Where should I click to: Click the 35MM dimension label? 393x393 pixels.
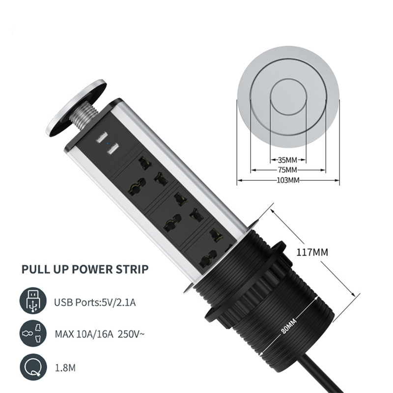coord(287,160)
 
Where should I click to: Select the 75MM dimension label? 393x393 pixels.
coord(287,170)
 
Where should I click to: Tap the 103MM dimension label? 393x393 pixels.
coord(288,180)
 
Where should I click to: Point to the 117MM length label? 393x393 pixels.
coord(312,252)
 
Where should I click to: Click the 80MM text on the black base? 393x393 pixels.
coord(288,326)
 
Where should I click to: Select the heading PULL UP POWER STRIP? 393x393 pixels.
coord(85,269)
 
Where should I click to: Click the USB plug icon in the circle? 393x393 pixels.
coord(33,301)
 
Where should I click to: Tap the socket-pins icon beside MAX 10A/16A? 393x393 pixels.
coord(33,334)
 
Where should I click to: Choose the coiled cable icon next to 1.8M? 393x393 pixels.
coord(33,367)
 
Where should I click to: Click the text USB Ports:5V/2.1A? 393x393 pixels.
coord(95,303)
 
